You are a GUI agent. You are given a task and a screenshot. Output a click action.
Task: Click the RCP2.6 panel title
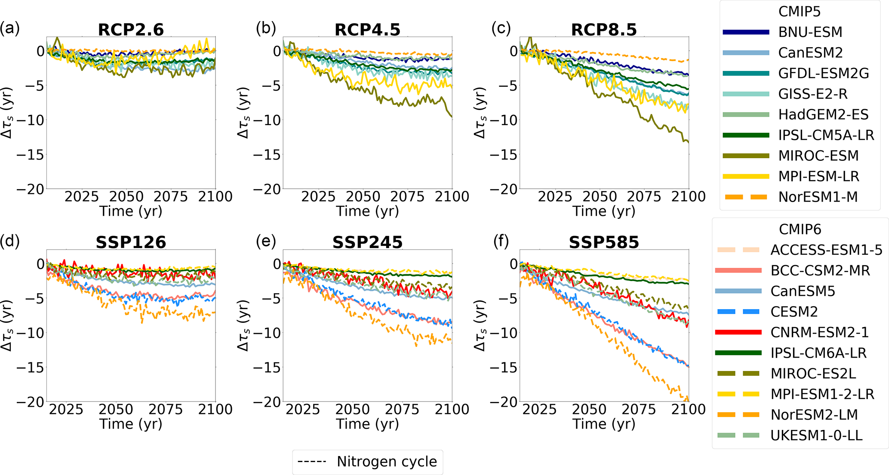coord(131,30)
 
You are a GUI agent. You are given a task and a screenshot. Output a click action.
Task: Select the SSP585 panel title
coord(604,242)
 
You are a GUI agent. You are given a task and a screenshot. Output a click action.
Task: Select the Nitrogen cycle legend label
coord(387,461)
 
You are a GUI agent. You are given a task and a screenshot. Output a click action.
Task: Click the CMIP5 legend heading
coord(799,12)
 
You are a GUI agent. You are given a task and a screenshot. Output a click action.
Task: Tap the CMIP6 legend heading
coord(800,229)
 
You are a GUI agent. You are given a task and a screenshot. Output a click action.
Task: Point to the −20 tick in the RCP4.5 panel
coord(267,189)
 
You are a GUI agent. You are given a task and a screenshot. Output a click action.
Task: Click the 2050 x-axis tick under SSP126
coord(116,409)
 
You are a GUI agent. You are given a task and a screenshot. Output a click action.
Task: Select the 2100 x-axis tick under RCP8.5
coord(688,196)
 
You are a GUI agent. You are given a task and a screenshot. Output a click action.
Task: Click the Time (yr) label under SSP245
coord(367,424)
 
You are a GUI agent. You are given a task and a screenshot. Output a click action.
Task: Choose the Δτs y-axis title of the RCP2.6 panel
coord(7,113)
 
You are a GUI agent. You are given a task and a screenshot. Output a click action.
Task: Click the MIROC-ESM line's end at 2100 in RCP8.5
coord(688,142)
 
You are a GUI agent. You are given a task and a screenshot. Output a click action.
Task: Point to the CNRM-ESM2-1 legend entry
coord(819,332)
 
